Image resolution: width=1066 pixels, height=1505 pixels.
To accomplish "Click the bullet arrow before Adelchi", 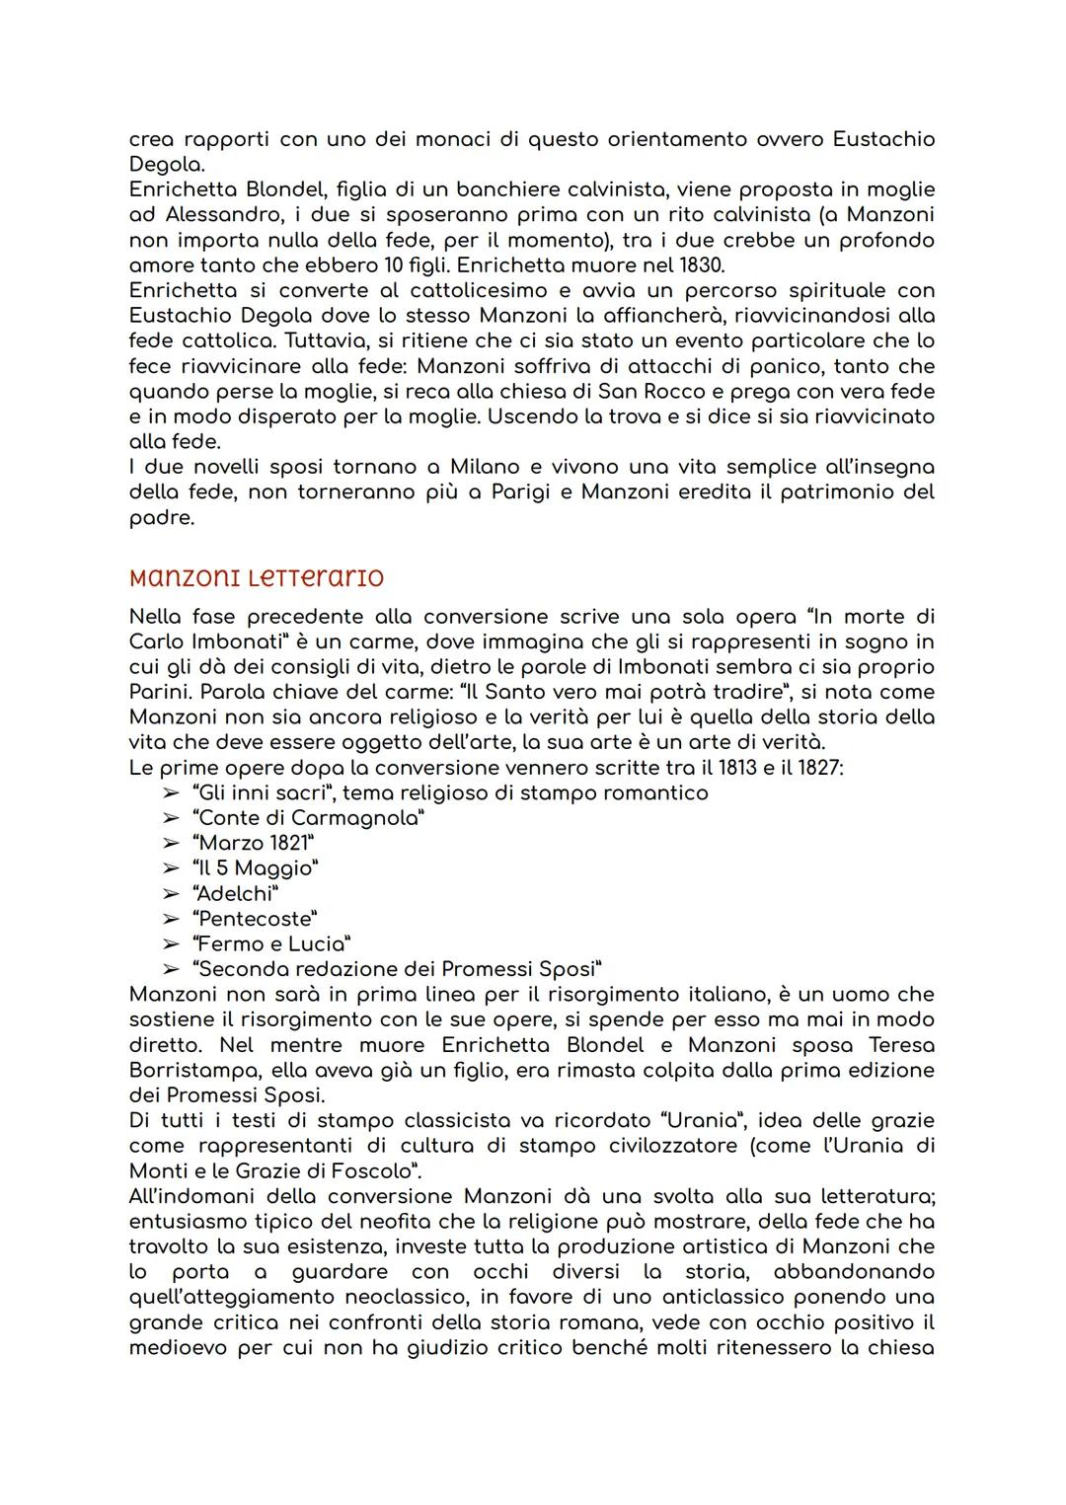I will point(172,893).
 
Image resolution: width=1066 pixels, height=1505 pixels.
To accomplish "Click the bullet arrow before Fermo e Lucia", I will point(172,943).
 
